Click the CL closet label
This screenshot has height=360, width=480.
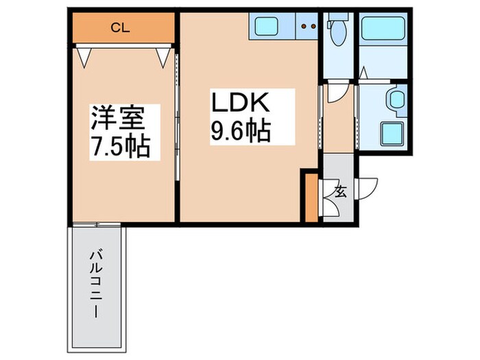121,28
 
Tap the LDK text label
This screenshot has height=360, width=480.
243,105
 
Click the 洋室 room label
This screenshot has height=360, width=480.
118,118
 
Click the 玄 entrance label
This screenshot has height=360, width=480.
339,191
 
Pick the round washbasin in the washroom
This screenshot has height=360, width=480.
396,100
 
